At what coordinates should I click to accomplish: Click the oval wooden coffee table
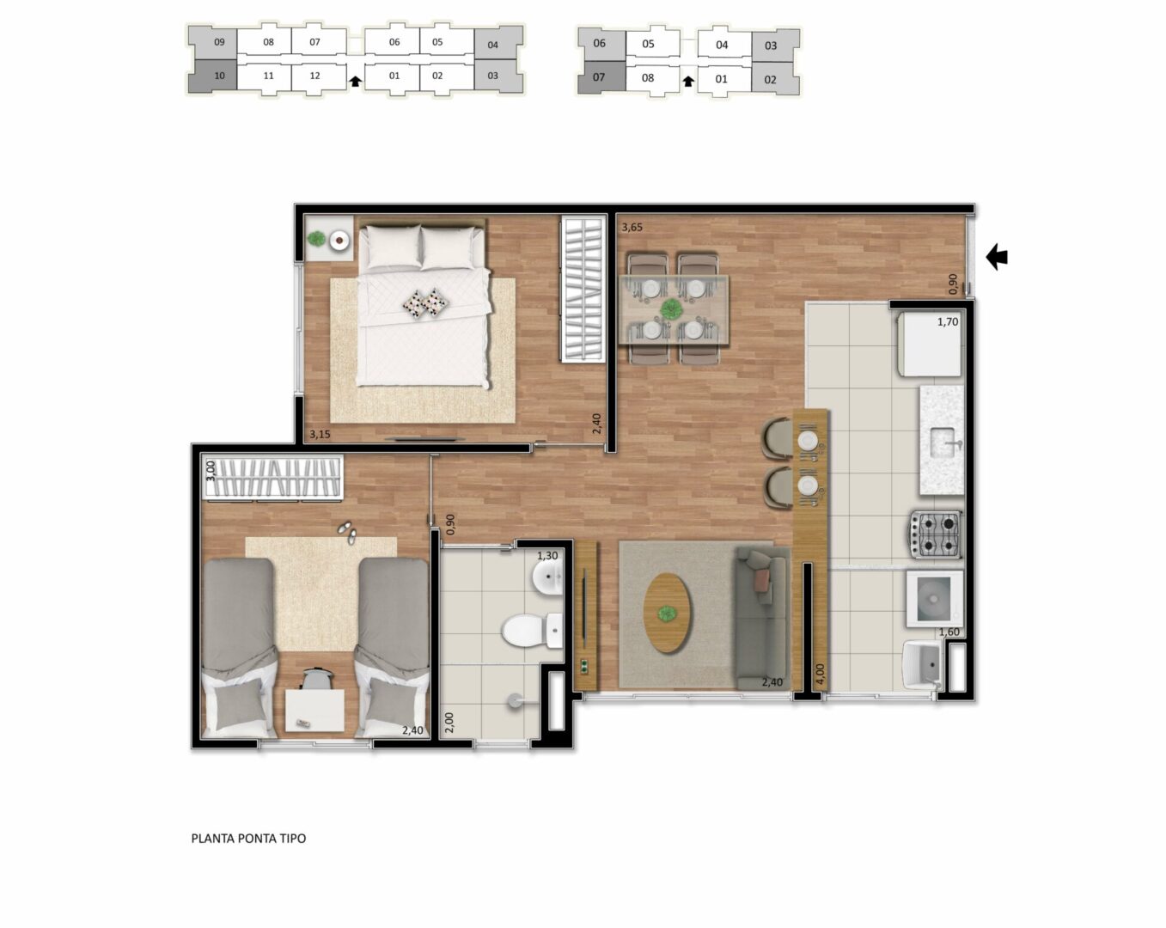tap(668, 613)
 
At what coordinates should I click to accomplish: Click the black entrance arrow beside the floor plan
tap(997, 257)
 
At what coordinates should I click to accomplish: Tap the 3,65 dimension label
tap(632, 228)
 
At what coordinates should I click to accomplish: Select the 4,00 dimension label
tap(820, 675)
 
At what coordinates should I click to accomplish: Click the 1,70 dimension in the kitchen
tap(948, 322)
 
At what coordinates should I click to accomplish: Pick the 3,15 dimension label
tap(320, 434)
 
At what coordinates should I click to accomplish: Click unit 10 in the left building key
tap(219, 76)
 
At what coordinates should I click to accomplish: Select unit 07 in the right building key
tap(599, 77)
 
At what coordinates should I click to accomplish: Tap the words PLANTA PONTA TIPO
tap(248, 839)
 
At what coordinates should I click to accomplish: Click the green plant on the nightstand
tap(316, 238)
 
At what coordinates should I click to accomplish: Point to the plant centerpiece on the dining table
tap(672, 309)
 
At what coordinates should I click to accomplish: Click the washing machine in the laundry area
tap(935, 599)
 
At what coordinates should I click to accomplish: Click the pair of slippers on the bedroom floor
tap(347, 532)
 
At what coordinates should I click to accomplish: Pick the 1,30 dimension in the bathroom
tap(547, 555)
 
